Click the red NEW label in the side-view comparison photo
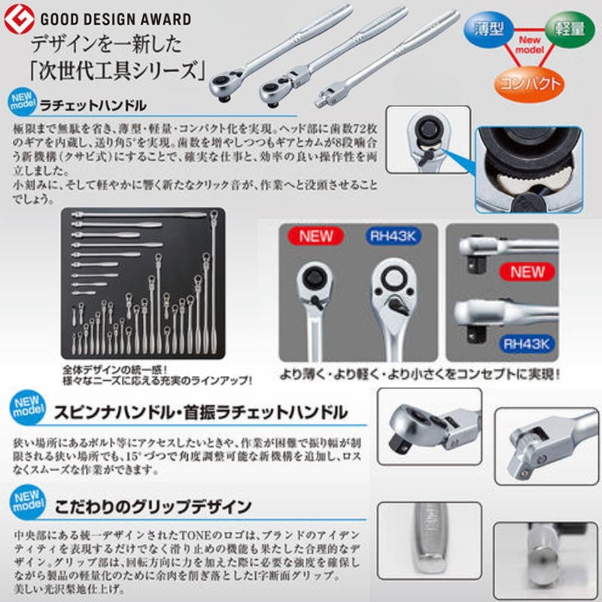pyautogui.click(x=527, y=272)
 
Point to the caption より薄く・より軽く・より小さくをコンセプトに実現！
pyautogui.click(x=421, y=372)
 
